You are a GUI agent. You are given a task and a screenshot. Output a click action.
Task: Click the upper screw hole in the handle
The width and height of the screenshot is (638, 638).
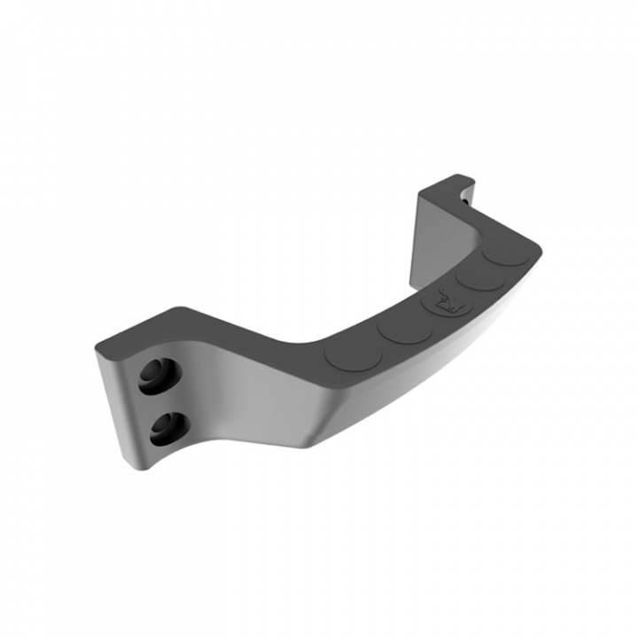point(155,374)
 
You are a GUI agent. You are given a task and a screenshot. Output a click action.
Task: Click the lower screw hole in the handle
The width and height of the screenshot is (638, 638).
point(164,429)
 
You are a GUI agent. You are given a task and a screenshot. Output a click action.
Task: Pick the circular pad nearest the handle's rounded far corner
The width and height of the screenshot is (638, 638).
point(508,251)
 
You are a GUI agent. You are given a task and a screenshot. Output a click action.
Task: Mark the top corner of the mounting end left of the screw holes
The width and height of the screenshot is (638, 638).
point(97,348)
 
